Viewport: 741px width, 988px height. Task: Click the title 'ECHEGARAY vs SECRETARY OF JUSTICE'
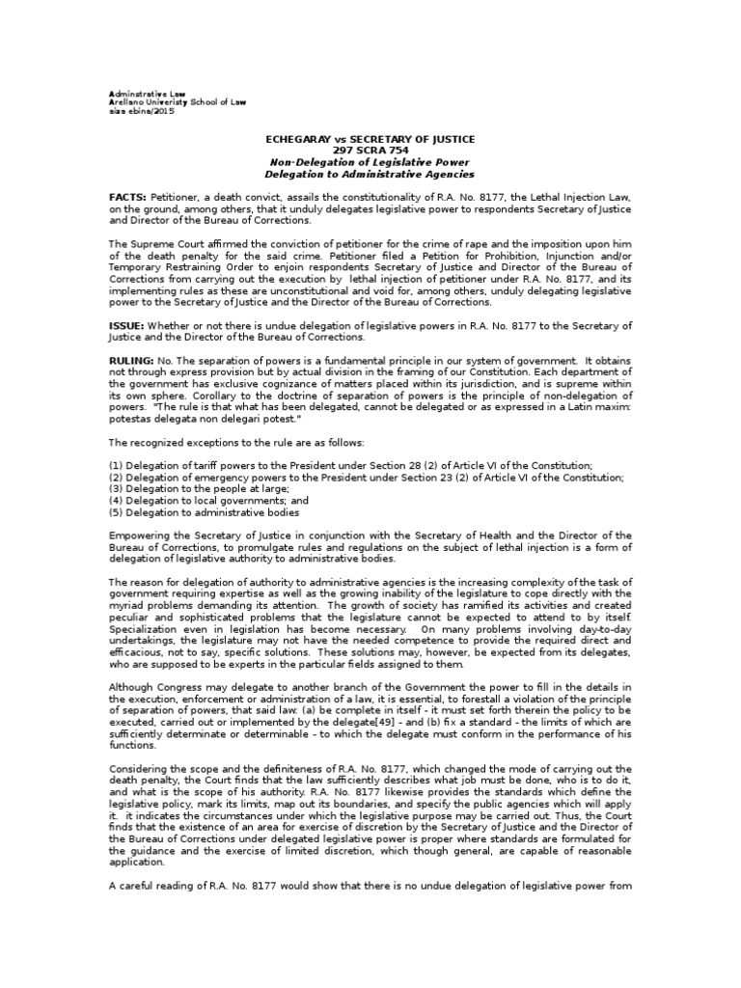(x=370, y=140)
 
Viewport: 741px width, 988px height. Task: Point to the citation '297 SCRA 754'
(x=370, y=151)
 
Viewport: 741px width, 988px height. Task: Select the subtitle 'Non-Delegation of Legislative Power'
(x=370, y=163)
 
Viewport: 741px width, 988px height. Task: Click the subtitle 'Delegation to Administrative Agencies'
(x=370, y=175)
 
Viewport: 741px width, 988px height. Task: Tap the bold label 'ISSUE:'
(x=126, y=325)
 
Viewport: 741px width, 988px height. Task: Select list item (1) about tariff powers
(x=350, y=465)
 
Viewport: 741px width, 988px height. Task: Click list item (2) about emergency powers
(x=366, y=477)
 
